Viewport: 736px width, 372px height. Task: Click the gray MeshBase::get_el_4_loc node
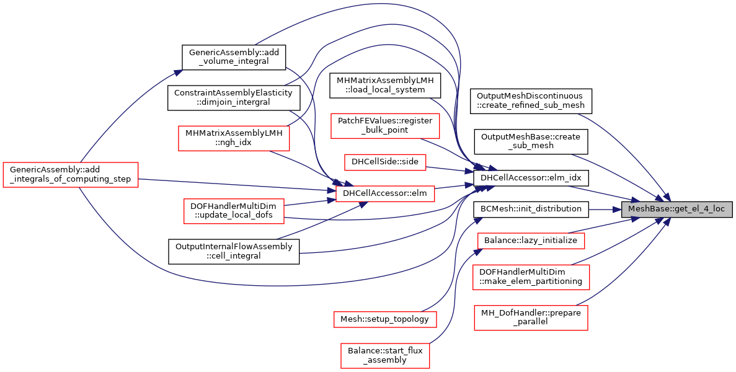pyautogui.click(x=676, y=209)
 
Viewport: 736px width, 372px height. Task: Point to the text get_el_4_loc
pyautogui.click(x=699, y=209)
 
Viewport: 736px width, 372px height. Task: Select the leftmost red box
pyautogui.click(x=70, y=175)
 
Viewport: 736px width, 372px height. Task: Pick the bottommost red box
pyautogui.click(x=385, y=356)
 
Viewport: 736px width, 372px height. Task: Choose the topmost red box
pyautogui.click(x=385, y=126)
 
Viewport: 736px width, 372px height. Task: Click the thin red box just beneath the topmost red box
pyautogui.click(x=385, y=162)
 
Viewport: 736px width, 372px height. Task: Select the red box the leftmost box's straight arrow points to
pyautogui.click(x=385, y=194)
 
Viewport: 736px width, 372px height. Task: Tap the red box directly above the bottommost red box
pyautogui.click(x=385, y=319)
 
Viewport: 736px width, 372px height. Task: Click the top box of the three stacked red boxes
pyautogui.click(x=531, y=241)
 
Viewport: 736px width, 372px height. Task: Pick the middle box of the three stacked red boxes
pyautogui.click(x=531, y=277)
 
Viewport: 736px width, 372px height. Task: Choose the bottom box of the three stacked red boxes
pyautogui.click(x=531, y=318)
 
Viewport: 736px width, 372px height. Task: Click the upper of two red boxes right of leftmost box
pyautogui.click(x=234, y=138)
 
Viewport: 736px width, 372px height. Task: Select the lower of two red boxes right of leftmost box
pyautogui.click(x=234, y=211)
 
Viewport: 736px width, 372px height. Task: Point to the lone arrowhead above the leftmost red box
pyautogui.click(x=178, y=73)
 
